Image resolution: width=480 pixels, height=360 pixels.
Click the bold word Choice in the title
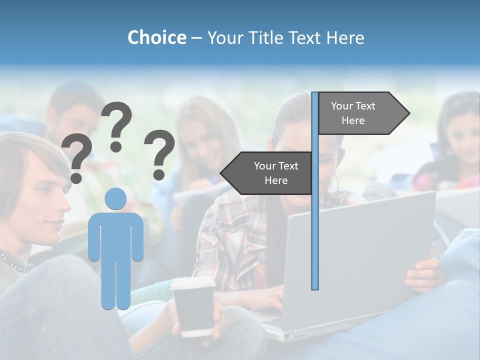(156, 37)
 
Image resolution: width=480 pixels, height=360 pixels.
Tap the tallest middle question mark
(116, 125)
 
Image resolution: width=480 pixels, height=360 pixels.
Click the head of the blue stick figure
(115, 199)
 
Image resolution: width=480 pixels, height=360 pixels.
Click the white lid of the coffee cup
(192, 283)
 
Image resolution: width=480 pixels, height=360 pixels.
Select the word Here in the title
(345, 37)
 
